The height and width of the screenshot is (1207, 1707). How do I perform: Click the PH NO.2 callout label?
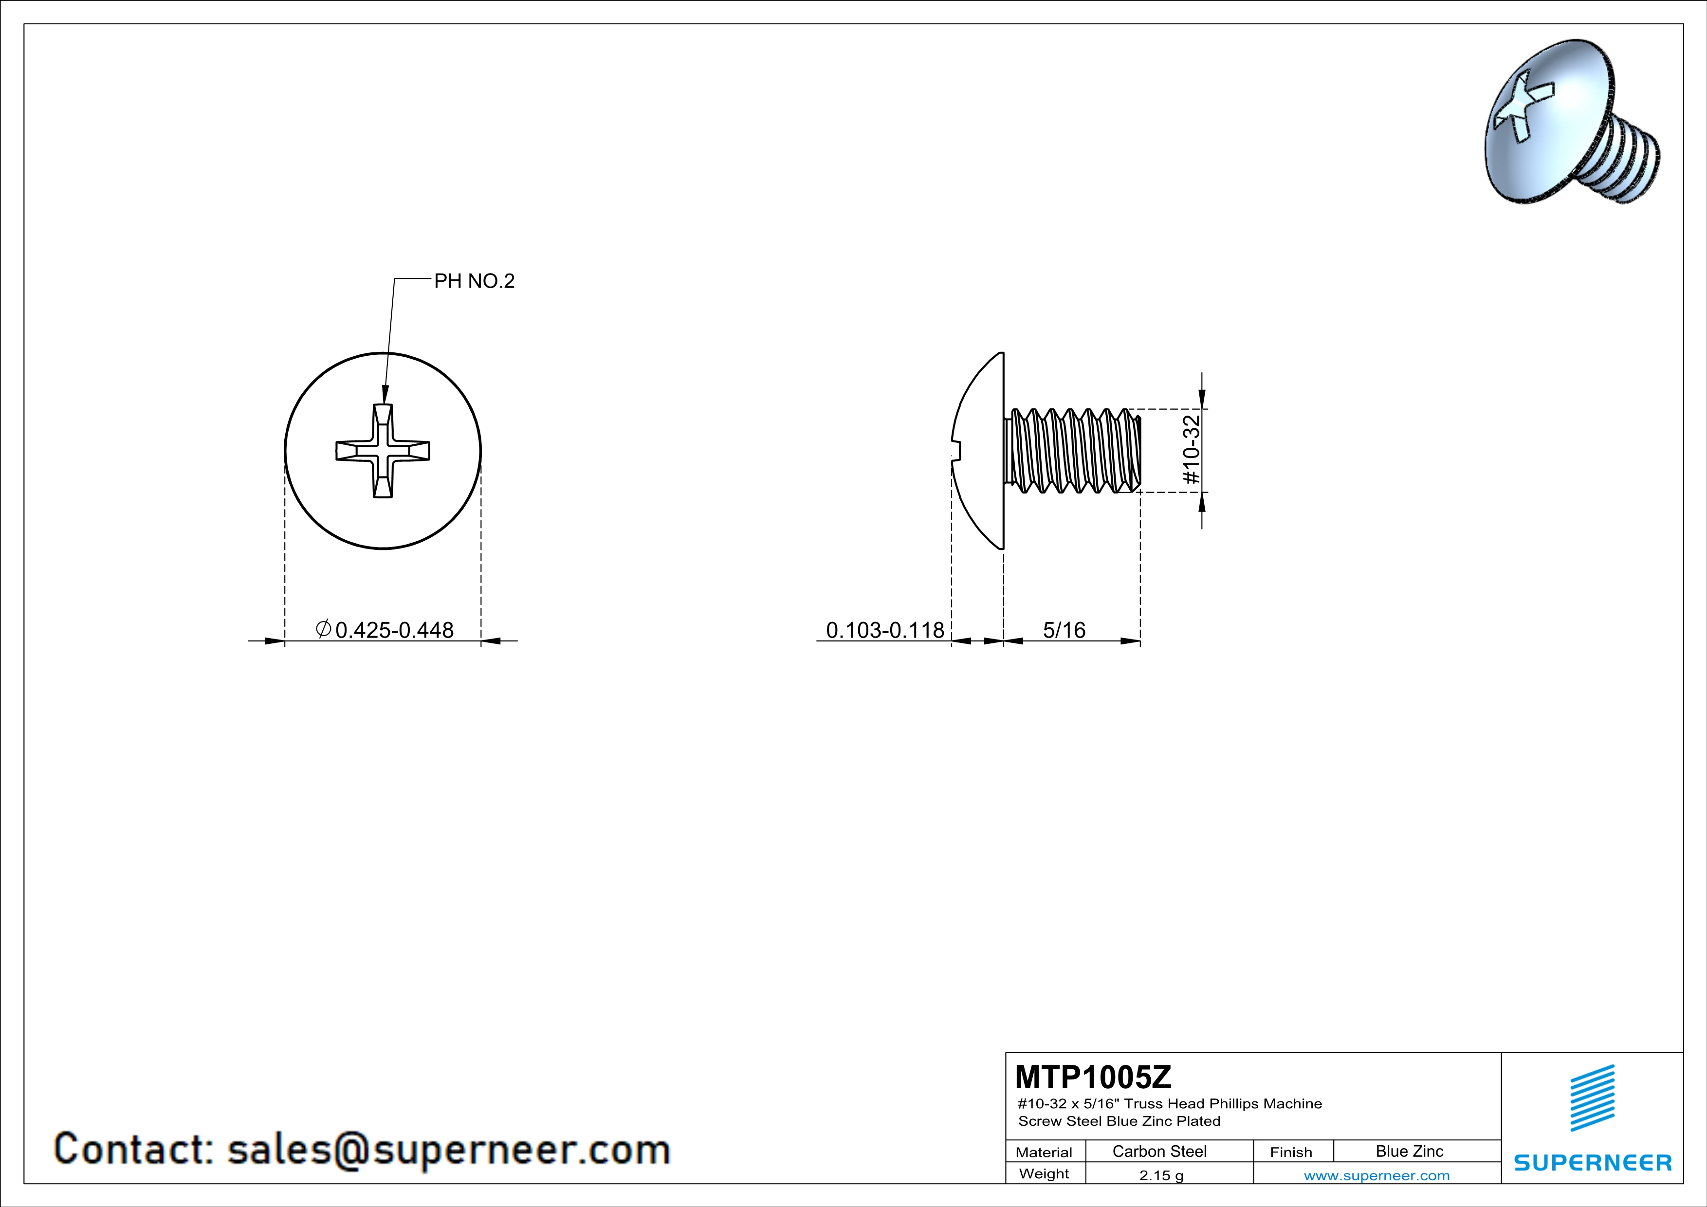click(475, 281)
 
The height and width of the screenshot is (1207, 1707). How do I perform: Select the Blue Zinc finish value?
click(1410, 1151)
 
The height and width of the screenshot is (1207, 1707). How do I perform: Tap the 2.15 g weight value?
click(1161, 1175)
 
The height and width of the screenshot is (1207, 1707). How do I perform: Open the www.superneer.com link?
click(1377, 1175)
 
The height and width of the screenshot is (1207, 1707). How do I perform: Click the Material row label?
click(1044, 1152)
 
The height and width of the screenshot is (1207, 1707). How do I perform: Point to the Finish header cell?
click(1291, 1152)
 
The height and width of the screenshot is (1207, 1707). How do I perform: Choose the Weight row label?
click(1044, 1173)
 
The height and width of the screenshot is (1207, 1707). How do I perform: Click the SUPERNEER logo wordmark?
click(1593, 1162)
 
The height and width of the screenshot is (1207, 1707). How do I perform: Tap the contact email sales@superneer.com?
click(448, 1149)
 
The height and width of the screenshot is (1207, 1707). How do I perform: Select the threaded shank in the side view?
click(1073, 450)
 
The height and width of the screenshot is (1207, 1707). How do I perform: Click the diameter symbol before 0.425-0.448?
click(323, 629)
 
